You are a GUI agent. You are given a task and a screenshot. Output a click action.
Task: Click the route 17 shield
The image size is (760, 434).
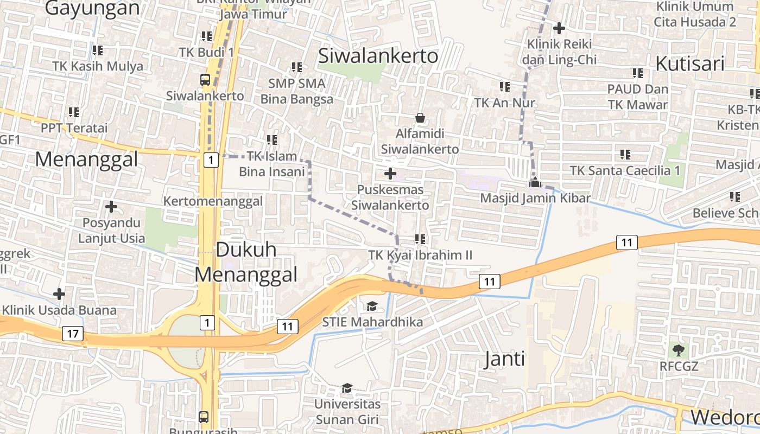pyautogui.click(x=73, y=333)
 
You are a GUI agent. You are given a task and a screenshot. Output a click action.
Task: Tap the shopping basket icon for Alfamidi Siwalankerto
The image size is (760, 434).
pyautogui.click(x=420, y=117)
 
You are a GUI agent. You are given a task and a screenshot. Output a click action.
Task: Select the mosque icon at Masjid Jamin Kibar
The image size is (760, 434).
pyautogui.click(x=535, y=182)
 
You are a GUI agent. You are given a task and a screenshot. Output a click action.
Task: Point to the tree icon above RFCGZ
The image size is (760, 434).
pyautogui.click(x=678, y=350)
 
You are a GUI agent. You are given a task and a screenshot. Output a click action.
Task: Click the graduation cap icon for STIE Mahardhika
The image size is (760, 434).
pyautogui.click(x=372, y=306)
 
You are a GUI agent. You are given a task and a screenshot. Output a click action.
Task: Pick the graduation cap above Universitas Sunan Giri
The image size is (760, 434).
pyautogui.click(x=347, y=388)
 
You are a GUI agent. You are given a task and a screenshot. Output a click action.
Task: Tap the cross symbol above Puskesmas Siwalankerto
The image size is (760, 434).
pyautogui.click(x=390, y=174)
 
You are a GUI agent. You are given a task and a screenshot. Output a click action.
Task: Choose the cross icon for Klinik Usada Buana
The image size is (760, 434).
pyautogui.click(x=59, y=294)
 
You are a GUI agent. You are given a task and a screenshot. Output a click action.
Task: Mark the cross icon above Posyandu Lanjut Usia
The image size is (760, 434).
pyautogui.click(x=111, y=207)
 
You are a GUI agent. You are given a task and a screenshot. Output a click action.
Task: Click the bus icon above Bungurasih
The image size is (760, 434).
pyautogui.click(x=204, y=417)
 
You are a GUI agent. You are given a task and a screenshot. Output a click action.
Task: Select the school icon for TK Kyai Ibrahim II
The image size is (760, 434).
pyautogui.click(x=420, y=239)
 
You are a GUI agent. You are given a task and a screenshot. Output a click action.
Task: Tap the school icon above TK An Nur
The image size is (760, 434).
pyautogui.click(x=504, y=86)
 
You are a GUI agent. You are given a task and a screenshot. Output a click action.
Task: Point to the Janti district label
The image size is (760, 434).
pyautogui.click(x=504, y=359)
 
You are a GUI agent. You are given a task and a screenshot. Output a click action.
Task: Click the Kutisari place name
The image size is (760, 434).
pyautogui.click(x=690, y=63)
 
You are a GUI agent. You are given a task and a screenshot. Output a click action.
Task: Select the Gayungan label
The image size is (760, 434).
pyautogui.click(x=92, y=8)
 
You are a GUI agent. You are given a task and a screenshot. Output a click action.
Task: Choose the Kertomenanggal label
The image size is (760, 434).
pyautogui.click(x=213, y=201)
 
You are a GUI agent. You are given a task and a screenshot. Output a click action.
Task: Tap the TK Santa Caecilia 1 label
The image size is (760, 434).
pyautogui.click(x=625, y=170)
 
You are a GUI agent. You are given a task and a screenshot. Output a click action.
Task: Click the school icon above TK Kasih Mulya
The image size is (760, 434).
pyautogui.click(x=97, y=50)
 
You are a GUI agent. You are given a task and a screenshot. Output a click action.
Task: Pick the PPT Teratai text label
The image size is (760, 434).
pyautogui.click(x=74, y=128)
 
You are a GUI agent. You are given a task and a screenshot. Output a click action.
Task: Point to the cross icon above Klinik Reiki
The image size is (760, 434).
pyautogui.click(x=559, y=28)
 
